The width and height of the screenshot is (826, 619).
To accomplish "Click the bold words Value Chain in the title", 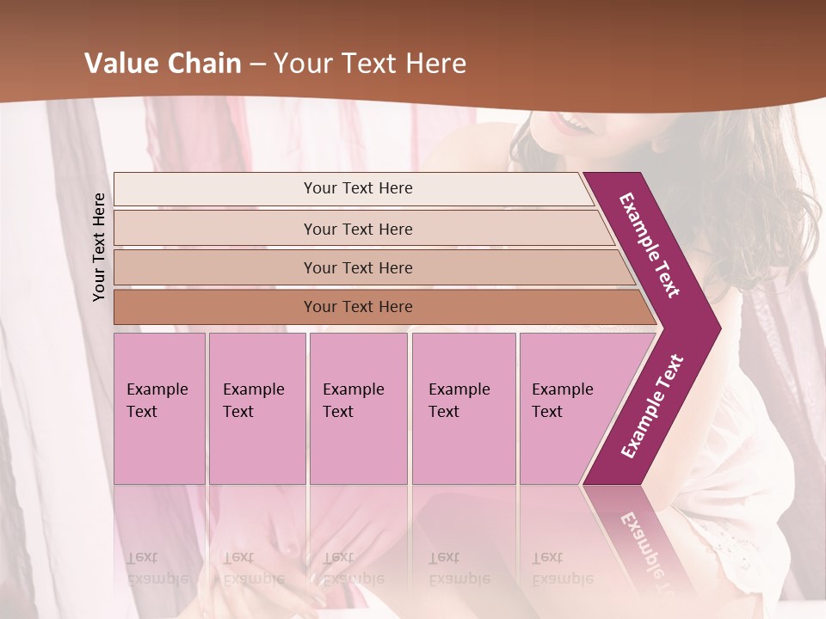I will (163, 64).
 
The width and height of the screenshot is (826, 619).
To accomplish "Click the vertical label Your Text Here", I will (100, 247).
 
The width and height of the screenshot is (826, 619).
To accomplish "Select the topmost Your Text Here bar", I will (357, 188).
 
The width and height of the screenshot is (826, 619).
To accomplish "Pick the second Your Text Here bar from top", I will (357, 229).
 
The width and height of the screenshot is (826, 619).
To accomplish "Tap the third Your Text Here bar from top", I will (357, 267).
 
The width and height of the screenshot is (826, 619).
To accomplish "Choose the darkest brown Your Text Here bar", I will (357, 307).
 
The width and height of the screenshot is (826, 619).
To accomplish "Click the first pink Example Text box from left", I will (159, 408).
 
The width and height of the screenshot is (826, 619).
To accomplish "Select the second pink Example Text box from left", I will (256, 408).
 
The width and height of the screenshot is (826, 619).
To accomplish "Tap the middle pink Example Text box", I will (358, 408).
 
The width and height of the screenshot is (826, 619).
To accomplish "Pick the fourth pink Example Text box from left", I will (463, 408).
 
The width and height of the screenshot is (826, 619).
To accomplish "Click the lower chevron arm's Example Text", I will (652, 406).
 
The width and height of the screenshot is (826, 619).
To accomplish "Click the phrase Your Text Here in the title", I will (370, 64).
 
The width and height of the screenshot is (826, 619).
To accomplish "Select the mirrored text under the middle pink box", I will (353, 567).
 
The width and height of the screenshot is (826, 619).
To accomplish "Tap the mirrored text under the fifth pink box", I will (561, 567).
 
